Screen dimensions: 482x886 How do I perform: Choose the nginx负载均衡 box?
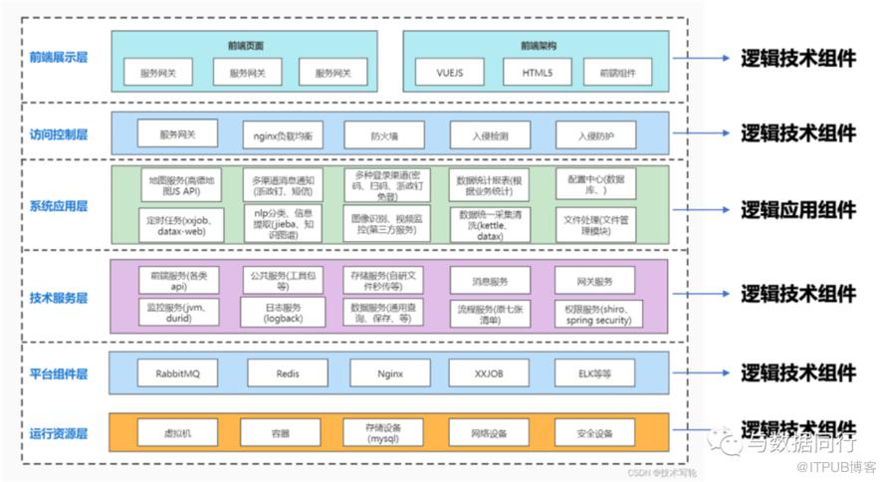coord(282,134)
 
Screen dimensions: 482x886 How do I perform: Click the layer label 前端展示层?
coord(59,57)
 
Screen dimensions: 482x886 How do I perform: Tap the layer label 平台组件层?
coord(59,373)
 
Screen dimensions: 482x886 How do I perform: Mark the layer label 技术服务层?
coord(59,297)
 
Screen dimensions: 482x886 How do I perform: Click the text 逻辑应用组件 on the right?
coord(797,209)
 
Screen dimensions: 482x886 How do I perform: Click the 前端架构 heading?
coord(538,45)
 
